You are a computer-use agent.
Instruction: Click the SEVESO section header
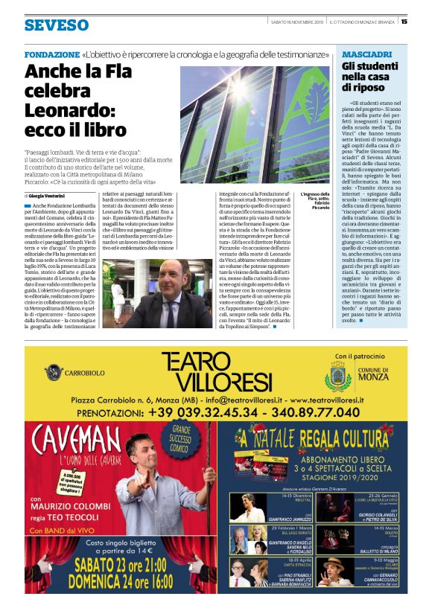pyautogui.click(x=56, y=25)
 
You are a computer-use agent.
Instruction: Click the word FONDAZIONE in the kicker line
pyautogui.click(x=51, y=55)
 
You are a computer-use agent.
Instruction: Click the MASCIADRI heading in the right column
pyautogui.click(x=366, y=55)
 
